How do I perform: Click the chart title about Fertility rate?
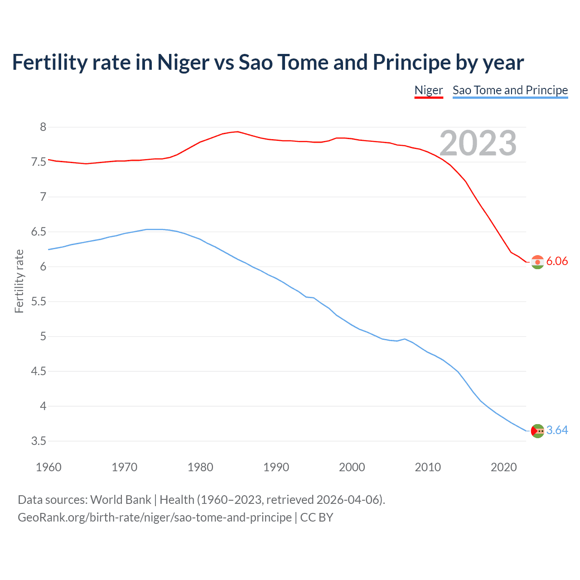268,63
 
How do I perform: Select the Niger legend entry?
429,90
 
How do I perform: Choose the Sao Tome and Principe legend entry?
510,90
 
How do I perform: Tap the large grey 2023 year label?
478,143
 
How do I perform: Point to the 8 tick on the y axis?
43,127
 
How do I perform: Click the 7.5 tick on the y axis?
39,162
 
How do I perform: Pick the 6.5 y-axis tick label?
39,232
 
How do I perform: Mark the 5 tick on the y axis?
43,336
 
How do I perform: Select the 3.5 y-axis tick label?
39,441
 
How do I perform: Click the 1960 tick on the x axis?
48,467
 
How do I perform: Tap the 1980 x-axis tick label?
200,467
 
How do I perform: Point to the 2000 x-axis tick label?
352,467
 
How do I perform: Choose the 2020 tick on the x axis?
503,467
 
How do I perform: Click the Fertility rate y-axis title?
19,281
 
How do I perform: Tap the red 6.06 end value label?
557,261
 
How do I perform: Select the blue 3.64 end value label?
557,430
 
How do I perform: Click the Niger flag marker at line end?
537,262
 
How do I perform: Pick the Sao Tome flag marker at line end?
537,431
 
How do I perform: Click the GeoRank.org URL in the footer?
155,517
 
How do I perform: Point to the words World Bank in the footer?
121,500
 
